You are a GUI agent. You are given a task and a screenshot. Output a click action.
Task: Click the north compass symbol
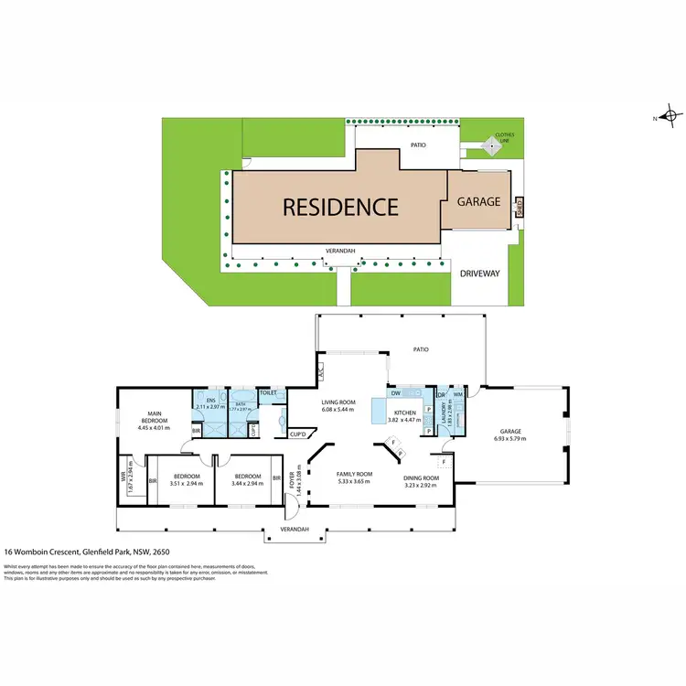(x=670, y=117)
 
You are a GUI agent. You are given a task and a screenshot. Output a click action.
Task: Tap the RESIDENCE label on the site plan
(x=340, y=207)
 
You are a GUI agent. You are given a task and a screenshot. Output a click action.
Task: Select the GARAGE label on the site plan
(x=479, y=201)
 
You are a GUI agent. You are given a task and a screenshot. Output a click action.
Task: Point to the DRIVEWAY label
(x=481, y=273)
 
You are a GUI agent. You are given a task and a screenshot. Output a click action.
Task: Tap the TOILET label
(x=268, y=392)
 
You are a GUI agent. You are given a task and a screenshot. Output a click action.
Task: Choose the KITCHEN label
(x=405, y=413)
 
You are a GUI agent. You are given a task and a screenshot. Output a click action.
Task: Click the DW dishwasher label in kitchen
(x=396, y=392)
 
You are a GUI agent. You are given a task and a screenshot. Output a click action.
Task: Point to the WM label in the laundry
(x=457, y=394)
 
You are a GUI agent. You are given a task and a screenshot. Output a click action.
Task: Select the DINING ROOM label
(x=422, y=478)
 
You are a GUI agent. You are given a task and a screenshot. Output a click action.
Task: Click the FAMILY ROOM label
(x=353, y=475)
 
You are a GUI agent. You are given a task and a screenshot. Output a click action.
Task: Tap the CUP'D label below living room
(x=296, y=434)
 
